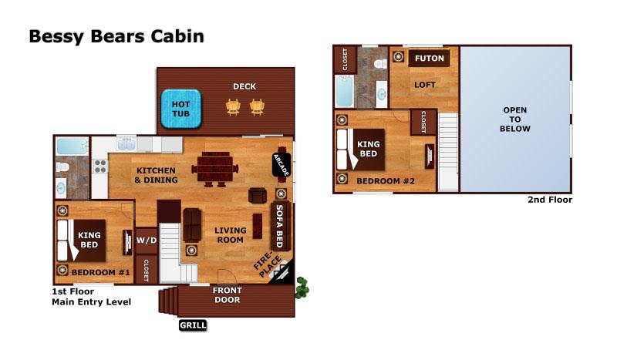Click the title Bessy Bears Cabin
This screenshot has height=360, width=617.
click(116, 37)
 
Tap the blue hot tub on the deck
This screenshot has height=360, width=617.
click(180, 109)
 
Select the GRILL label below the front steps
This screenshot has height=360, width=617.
click(193, 325)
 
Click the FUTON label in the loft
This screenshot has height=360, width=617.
click(427, 58)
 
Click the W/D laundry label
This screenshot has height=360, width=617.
click(147, 239)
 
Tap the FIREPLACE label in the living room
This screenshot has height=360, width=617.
click(265, 268)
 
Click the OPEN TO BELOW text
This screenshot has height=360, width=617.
click(515, 119)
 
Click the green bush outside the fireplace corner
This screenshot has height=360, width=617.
click(302, 288)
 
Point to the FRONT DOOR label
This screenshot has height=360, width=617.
click(228, 295)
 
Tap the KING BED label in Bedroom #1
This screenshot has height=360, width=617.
click(90, 240)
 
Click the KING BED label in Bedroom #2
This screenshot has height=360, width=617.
click(369, 148)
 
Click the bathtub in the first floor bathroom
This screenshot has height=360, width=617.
click(72, 145)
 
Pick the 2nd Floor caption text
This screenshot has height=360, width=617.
click(550, 200)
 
